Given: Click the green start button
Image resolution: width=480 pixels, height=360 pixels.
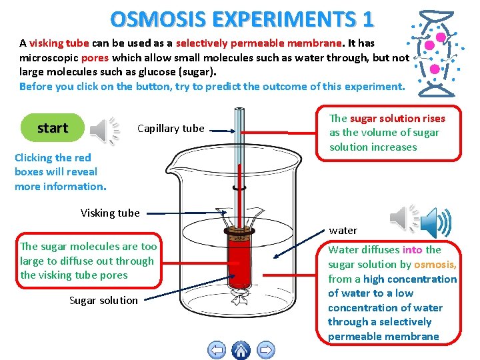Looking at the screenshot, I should [53, 128].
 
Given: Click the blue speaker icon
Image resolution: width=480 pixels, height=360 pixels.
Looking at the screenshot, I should [435, 221].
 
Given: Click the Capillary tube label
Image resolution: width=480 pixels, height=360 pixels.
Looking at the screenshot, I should [171, 129].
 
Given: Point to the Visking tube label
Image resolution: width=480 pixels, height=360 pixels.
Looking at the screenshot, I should [110, 213].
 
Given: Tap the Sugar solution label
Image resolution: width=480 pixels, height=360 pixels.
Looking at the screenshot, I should [103, 300].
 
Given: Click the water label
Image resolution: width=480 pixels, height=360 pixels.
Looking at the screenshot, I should [343, 231].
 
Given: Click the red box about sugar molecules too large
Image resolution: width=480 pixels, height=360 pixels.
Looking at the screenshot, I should [88, 261].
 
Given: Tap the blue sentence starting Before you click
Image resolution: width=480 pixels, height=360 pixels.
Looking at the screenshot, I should [211, 86].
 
